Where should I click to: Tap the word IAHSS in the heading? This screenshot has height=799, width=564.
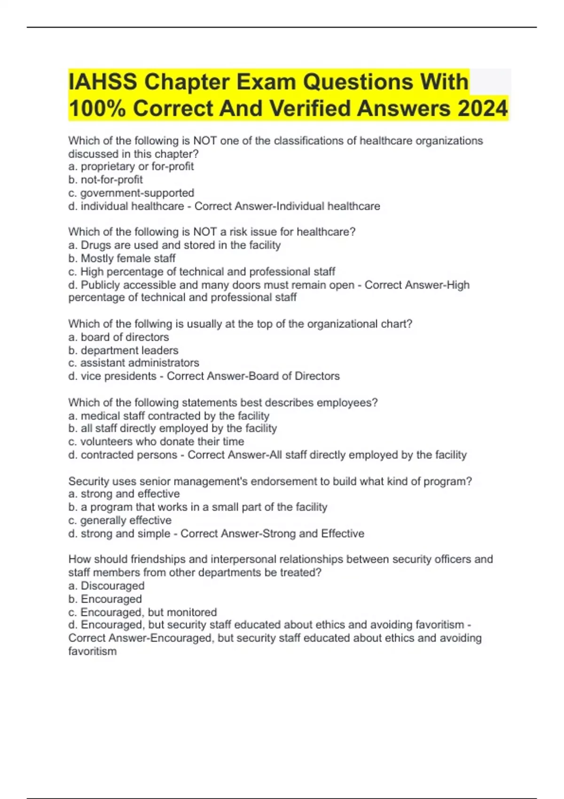click(103, 82)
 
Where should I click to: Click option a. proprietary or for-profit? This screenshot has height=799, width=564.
click(131, 166)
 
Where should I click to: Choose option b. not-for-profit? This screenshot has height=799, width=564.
click(105, 180)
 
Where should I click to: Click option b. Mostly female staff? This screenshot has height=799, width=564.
click(122, 258)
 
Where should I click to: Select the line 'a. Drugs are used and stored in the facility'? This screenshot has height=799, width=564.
click(174, 245)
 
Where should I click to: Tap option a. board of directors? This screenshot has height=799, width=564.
click(118, 337)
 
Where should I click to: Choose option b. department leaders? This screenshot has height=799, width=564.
click(123, 350)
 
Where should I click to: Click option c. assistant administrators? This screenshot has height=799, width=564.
click(133, 363)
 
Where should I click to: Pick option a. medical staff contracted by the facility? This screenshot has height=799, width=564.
click(169, 415)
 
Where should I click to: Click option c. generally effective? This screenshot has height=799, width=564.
click(120, 520)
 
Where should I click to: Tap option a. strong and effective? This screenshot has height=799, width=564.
click(124, 494)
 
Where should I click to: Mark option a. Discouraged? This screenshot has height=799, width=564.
click(106, 586)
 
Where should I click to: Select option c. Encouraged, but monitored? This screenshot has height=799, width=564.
click(142, 612)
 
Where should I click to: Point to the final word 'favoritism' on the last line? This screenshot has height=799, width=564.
click(93, 651)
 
